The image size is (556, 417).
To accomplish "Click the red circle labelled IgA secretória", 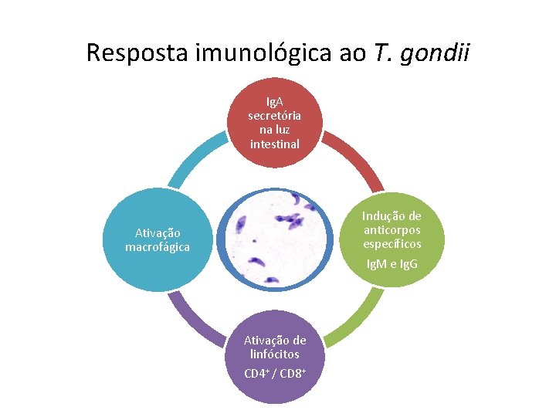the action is (275, 124).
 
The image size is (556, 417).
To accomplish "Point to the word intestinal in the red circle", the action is (275, 144).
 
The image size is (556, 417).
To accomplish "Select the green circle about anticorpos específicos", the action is (392, 239).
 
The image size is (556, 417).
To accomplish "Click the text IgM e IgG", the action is (392, 264).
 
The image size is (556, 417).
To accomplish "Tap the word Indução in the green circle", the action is (392, 216).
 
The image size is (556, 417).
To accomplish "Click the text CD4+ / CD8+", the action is (275, 374).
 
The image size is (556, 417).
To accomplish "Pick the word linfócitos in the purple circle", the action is (275, 354).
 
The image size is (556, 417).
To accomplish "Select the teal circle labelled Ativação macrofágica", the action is (158, 239).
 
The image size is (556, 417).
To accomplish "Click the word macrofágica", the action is (158, 247).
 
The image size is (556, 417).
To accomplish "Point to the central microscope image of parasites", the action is (276, 239).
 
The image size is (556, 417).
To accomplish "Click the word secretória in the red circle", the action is (275, 116).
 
